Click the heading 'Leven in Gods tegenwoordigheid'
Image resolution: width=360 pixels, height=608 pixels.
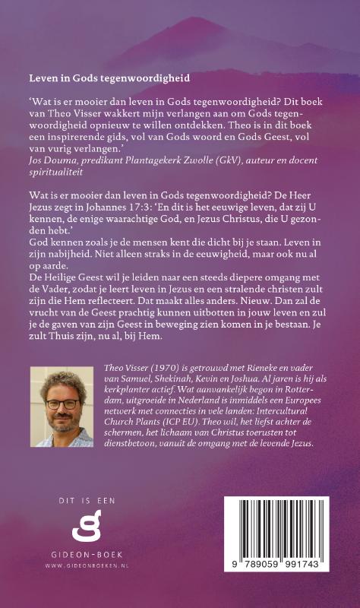coord(109,78)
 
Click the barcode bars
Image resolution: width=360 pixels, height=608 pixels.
coord(265,529)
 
